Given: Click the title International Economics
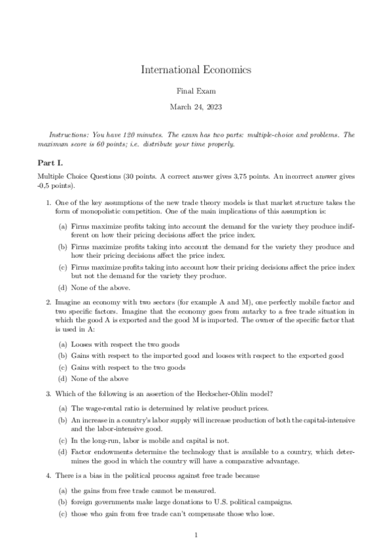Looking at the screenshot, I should [x=196, y=69].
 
